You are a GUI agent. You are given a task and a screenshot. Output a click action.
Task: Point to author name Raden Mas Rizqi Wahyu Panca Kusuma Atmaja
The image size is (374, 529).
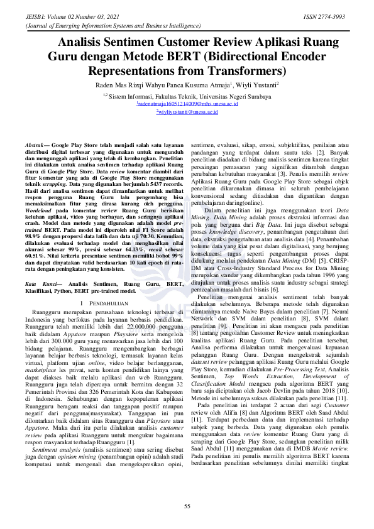tap(160, 84)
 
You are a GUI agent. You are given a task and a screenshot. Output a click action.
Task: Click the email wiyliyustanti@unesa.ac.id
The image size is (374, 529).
tap(187, 111)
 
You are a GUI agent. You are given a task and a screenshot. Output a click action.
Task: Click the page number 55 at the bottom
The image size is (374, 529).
tap(187, 506)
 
